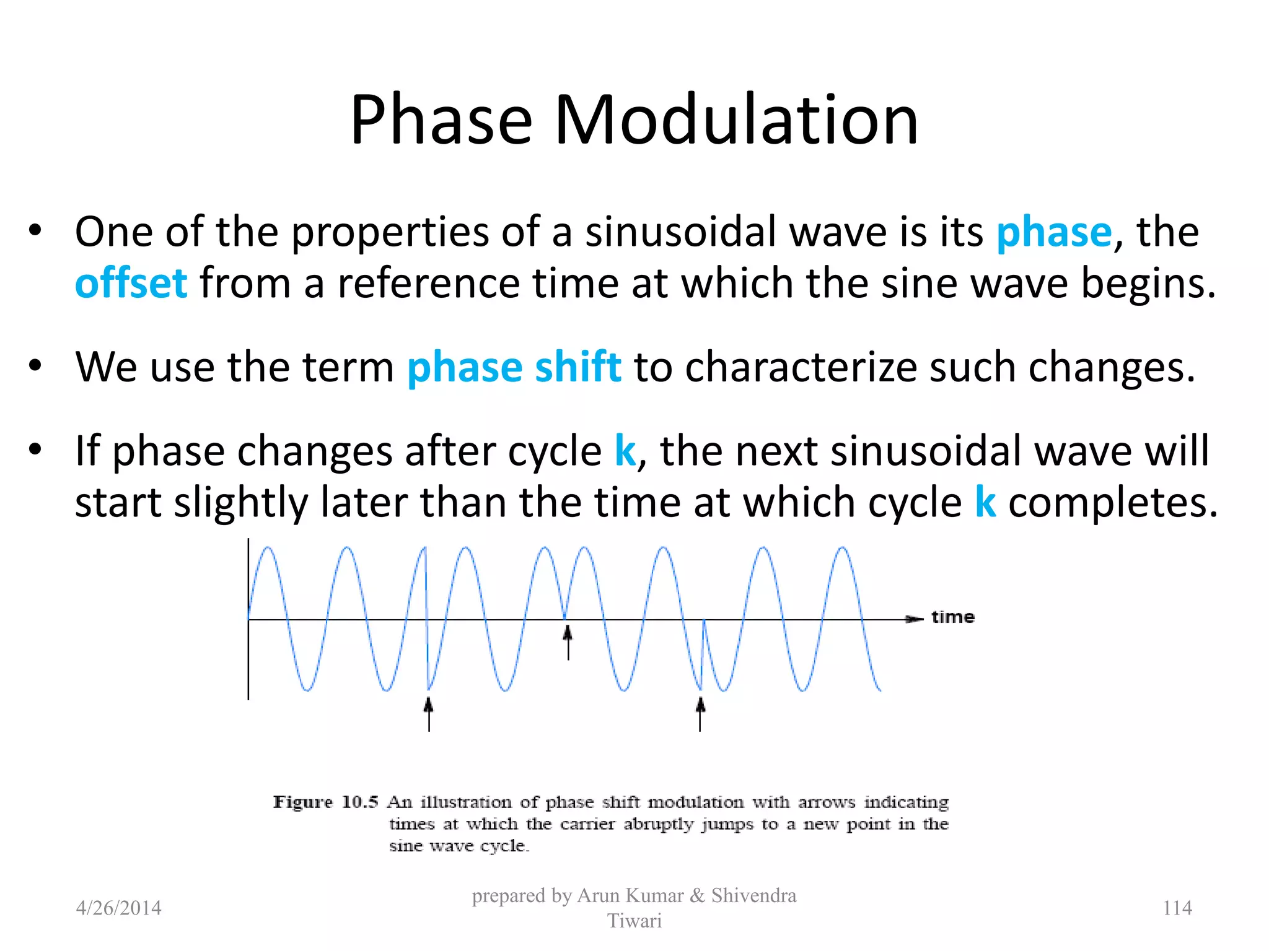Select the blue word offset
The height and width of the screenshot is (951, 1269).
point(131,284)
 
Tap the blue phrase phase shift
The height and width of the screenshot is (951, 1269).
point(514,367)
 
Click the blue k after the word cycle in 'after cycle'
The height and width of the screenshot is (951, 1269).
point(625,451)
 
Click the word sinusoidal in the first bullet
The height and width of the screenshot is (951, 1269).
point(680,232)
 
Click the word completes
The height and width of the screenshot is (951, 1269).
point(1113,503)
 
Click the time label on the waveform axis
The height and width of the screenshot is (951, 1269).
point(952,617)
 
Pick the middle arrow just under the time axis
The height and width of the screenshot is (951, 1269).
point(568,641)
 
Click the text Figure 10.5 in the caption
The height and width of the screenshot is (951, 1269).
point(325,802)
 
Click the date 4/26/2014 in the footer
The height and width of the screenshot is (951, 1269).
point(118,908)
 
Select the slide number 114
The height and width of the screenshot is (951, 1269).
point(1177,908)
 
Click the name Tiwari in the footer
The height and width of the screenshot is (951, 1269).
point(634,921)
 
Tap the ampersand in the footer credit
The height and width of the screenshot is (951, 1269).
point(697,896)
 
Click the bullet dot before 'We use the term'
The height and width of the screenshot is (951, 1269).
point(35,365)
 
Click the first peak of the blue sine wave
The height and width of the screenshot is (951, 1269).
point(268,549)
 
